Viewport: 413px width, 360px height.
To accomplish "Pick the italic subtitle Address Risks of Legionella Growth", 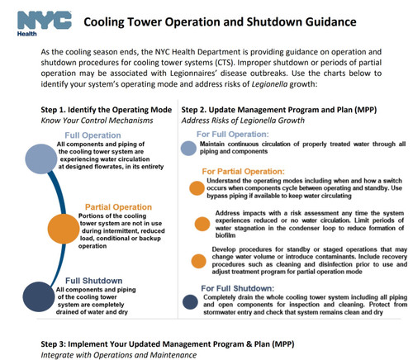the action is pos(247,120).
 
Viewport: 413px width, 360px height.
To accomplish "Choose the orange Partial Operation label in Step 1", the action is pos(117,207).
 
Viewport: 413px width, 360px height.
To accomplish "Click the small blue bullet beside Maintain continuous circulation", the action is pos(191,149).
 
